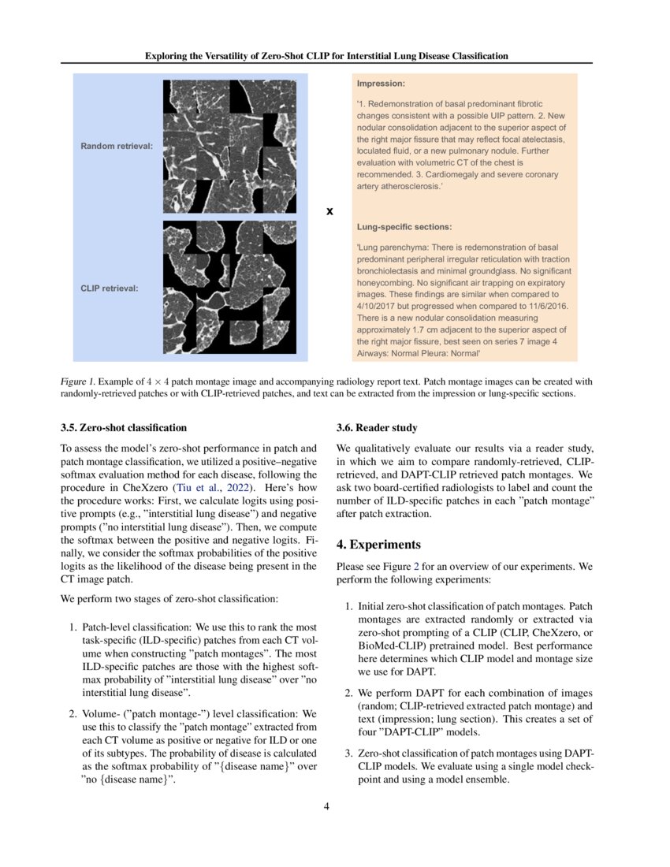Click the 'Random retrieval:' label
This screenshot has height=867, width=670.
[117, 147]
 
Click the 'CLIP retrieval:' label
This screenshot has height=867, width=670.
[110, 288]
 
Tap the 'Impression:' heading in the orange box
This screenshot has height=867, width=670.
[382, 83]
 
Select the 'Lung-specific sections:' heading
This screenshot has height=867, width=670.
[404, 226]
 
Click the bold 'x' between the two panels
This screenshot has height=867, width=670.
[329, 211]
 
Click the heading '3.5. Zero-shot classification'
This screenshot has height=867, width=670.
[124, 428]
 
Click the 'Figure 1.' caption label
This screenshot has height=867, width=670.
[79, 381]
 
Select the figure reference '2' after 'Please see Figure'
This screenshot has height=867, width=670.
[412, 566]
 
